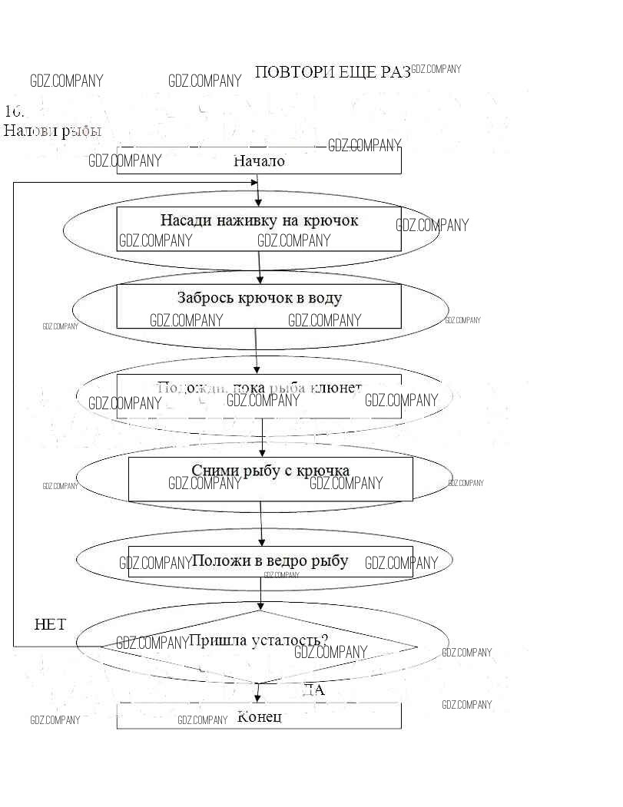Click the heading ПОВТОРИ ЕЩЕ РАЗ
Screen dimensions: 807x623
(x=333, y=72)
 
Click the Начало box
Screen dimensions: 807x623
(x=259, y=160)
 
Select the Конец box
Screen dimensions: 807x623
(x=259, y=716)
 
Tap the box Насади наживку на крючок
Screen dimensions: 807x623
(x=259, y=229)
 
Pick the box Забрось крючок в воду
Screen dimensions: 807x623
(x=259, y=306)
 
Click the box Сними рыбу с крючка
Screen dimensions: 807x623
(x=270, y=479)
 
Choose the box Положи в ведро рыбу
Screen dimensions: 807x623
(x=270, y=561)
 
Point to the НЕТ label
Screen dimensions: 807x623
(x=50, y=624)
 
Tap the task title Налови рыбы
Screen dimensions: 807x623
(x=52, y=131)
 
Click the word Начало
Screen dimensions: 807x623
(x=259, y=160)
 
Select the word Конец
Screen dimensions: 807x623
(x=260, y=716)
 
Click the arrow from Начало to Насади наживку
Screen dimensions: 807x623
(x=258, y=190)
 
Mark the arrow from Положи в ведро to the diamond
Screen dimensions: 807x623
(x=261, y=593)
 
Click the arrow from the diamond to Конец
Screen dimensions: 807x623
(x=258, y=693)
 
